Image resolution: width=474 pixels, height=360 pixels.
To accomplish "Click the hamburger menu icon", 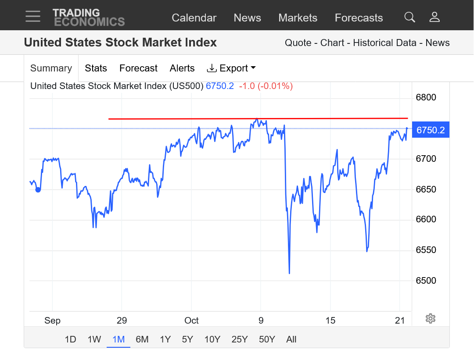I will (x=33, y=16).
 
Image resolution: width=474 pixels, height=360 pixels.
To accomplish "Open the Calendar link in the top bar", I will (x=194, y=18).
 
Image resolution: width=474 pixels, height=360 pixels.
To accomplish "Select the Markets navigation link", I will (x=298, y=18).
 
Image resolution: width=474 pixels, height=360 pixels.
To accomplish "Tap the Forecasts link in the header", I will (x=359, y=18).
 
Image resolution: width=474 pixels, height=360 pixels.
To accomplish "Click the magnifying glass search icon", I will (x=409, y=17).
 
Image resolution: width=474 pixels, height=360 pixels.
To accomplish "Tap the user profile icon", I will (x=434, y=17).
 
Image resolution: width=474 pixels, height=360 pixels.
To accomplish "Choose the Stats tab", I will (x=96, y=68).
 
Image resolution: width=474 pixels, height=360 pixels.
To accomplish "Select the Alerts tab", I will (x=182, y=68).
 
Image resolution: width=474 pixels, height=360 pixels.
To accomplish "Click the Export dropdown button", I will (x=231, y=68).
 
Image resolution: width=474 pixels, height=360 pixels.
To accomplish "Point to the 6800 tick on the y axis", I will (x=426, y=97).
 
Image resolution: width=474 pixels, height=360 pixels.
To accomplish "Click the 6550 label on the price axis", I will (x=426, y=250).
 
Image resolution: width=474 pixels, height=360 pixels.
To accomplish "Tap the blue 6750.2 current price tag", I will (x=430, y=130).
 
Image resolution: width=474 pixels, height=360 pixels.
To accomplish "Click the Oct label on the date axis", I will (x=191, y=321).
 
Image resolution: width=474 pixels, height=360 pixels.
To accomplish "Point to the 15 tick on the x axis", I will (x=330, y=321).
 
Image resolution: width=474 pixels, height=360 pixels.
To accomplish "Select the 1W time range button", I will (x=94, y=339).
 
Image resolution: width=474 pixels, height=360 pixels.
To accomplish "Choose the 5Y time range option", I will (x=187, y=339).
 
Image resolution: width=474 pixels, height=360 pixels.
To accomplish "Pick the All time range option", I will (x=291, y=339).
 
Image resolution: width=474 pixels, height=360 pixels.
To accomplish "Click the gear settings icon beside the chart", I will (x=430, y=319).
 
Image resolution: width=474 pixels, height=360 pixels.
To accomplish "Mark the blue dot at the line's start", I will (x=38, y=189).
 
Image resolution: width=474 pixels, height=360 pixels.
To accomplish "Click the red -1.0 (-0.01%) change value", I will (x=266, y=86).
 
